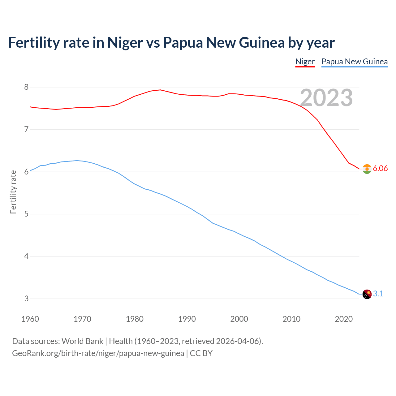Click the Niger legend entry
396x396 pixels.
tap(305, 62)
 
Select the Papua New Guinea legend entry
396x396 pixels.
tap(355, 62)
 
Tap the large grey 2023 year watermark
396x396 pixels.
tap(326, 98)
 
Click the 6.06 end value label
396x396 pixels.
tap(380, 168)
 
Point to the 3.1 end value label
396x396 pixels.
tap(378, 294)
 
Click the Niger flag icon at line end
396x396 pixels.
tap(367, 169)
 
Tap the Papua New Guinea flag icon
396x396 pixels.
tap(367, 294)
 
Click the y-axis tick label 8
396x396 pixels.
tap(26, 87)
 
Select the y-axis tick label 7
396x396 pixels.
tap(26, 129)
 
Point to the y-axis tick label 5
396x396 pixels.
tap(26, 214)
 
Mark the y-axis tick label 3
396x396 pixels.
tap(26, 299)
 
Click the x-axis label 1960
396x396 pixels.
tap(30, 319)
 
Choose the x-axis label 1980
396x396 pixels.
tap(135, 319)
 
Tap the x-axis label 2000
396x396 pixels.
tap(239, 319)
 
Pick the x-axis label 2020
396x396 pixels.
tap(344, 319)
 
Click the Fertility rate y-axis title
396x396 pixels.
tap(13, 192)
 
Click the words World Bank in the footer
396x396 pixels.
tap(82, 341)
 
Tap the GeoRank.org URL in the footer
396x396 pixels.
tap(98, 353)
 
